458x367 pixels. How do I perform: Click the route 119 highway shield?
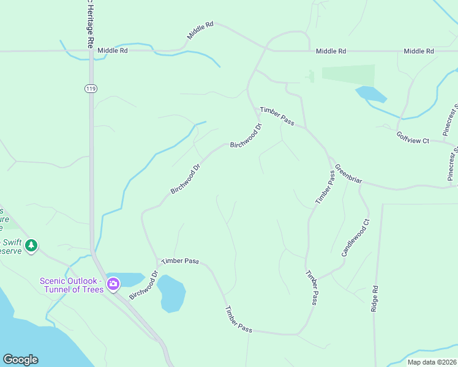[91, 89]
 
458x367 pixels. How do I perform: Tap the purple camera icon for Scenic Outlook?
[113, 284]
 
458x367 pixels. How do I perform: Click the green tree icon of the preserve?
[31, 246]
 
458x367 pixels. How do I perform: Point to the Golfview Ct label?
[412, 138]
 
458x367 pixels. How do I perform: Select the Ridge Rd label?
[374, 298]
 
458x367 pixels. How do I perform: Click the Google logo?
[20, 360]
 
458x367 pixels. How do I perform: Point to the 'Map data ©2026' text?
[431, 362]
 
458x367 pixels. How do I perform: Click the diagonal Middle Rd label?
[200, 31]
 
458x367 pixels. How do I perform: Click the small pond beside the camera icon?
[125, 280]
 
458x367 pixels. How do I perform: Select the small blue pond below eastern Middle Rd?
[370, 94]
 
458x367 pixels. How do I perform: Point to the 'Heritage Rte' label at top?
[89, 24]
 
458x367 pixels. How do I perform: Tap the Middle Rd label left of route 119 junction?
[113, 51]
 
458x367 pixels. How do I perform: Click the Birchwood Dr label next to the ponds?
[144, 286]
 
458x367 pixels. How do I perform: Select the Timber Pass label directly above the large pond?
[180, 261]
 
